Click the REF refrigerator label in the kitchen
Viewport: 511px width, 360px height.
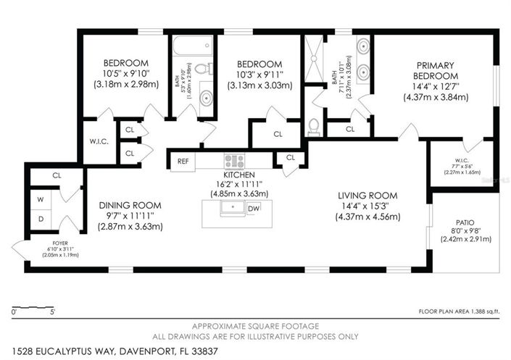(x=183, y=162)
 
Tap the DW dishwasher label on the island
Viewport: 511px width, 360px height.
(x=254, y=209)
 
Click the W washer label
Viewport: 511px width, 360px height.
(x=42, y=199)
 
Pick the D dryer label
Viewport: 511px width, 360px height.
(x=42, y=219)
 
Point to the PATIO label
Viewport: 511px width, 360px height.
(x=465, y=224)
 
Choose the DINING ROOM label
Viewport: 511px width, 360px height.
(x=130, y=205)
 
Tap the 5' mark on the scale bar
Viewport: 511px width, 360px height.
(x=51, y=312)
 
